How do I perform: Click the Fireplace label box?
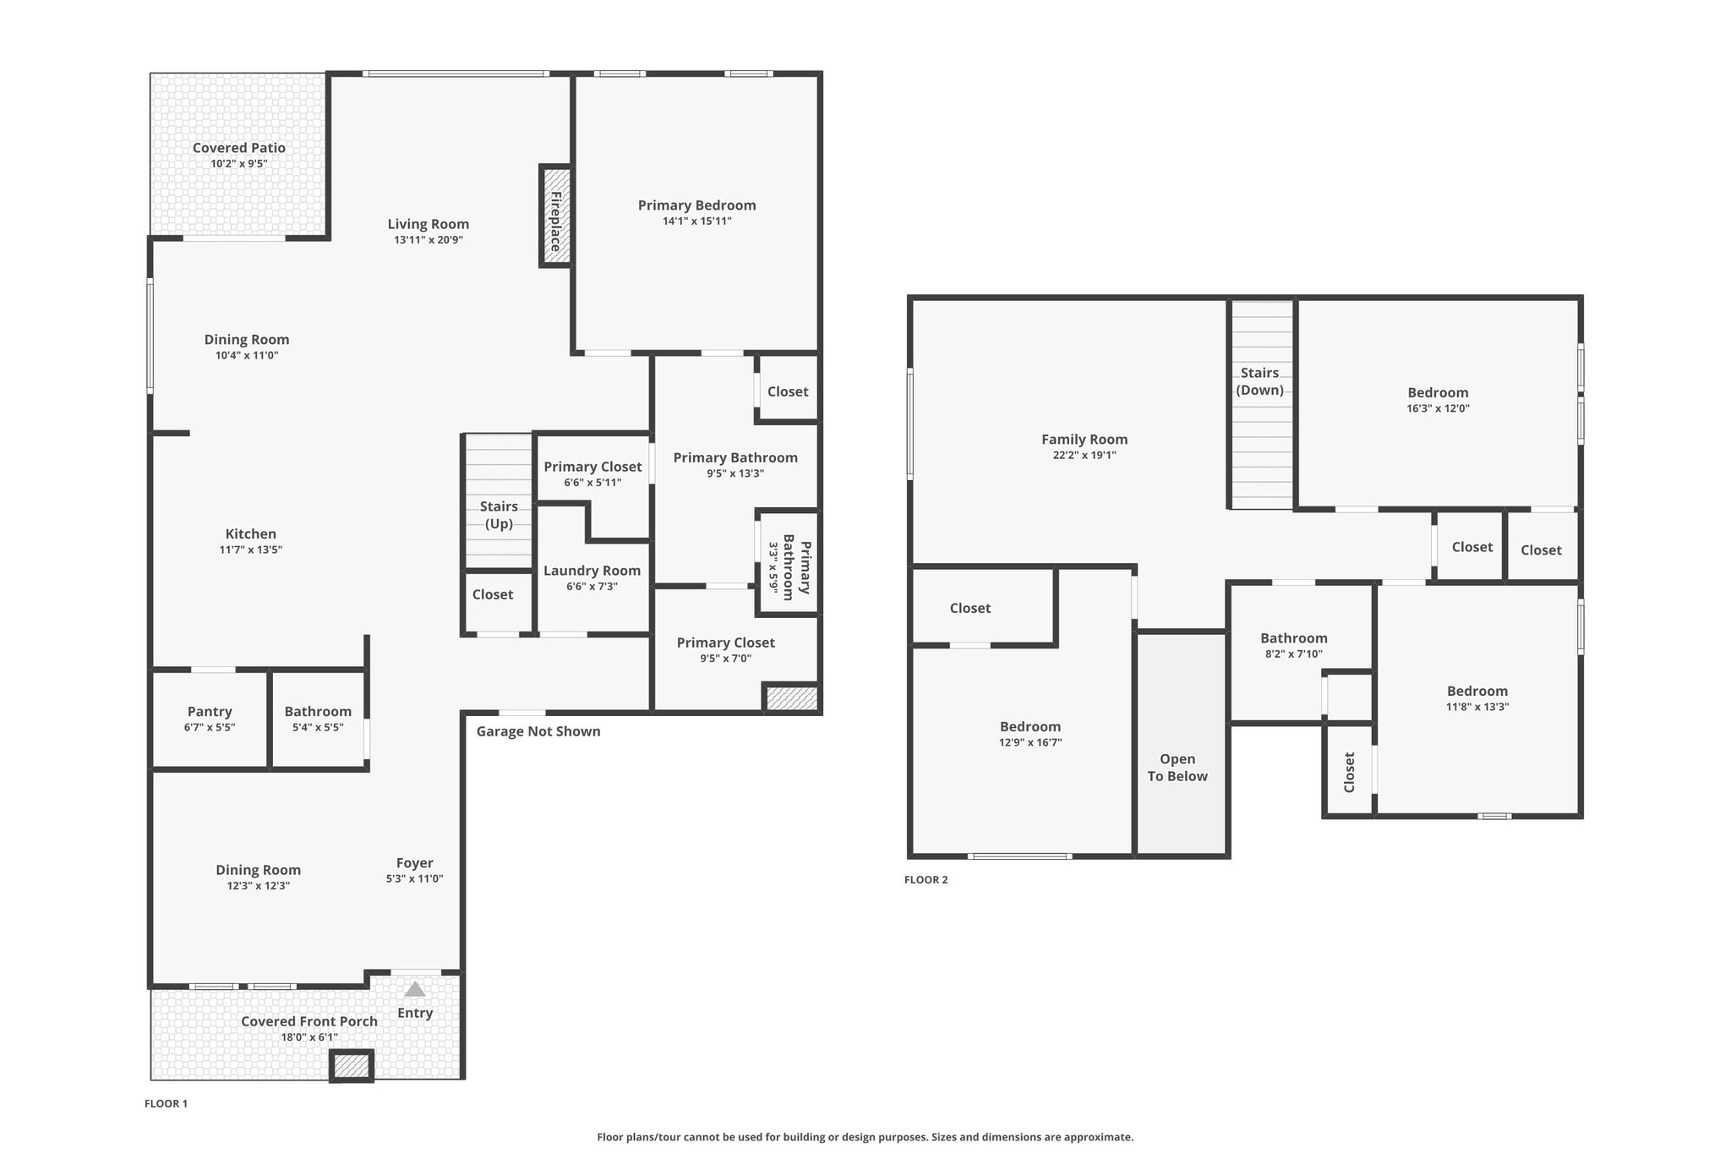tap(555, 216)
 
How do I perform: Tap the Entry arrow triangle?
tap(414, 989)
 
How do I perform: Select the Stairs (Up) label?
tap(499, 514)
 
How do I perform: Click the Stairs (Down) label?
tap(1259, 380)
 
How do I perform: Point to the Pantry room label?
tap(210, 712)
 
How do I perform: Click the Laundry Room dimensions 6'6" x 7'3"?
tap(592, 586)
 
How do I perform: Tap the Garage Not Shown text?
tap(538, 731)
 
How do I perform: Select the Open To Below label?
tap(1177, 768)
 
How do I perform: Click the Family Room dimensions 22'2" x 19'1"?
tap(1084, 455)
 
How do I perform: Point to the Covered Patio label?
tap(239, 148)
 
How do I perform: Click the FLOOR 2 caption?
tap(926, 879)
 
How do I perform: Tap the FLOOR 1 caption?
tap(166, 1103)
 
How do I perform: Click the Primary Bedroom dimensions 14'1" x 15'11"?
tap(696, 221)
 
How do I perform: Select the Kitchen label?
tap(251, 533)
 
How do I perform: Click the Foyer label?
tap(414, 862)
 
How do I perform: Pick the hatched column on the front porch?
tap(351, 1066)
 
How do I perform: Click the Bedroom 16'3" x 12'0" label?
tap(1438, 392)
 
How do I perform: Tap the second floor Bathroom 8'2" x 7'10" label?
tap(1293, 638)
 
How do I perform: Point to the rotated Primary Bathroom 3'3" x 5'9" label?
tap(789, 566)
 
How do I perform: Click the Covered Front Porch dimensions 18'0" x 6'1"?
tap(309, 1037)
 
